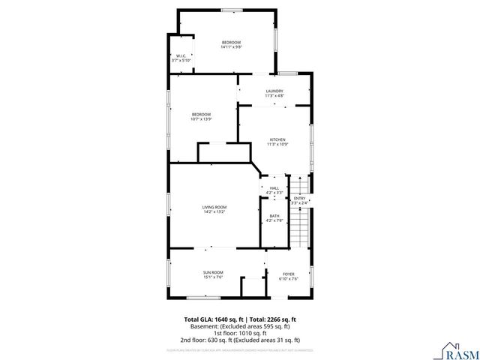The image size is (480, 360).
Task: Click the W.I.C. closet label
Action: pos(181,55)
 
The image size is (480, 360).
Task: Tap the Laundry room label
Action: pos(274,91)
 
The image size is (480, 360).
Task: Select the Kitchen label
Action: pos(277,139)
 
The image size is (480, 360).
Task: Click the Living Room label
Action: pos(214,207)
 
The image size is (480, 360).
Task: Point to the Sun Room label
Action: pos(213,272)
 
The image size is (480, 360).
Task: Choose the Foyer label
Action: pos(289,274)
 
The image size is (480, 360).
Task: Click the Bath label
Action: pos(274,216)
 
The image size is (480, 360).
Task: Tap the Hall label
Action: pos(274,187)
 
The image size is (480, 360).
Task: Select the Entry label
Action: pos(299,198)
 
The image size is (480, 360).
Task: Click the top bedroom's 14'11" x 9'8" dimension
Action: pos(231,47)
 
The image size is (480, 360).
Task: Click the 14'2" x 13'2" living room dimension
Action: pos(214,212)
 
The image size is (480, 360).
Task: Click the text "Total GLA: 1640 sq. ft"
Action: pos(213,319)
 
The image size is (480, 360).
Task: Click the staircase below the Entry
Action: pos(299,229)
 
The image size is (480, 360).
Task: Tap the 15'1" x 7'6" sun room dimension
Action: pos(213,277)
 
